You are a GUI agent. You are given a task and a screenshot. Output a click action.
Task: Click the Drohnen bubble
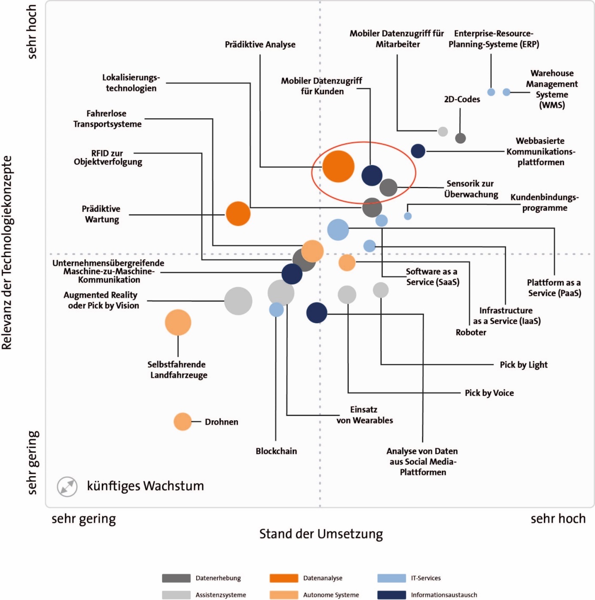coord(183,422)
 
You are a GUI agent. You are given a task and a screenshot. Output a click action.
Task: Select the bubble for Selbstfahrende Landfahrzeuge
coord(178,322)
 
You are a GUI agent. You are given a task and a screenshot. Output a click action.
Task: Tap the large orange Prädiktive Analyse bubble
coord(338,166)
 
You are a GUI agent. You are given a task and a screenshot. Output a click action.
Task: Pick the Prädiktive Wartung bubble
coord(238,214)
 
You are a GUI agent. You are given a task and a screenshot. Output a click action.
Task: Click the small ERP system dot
coord(491,92)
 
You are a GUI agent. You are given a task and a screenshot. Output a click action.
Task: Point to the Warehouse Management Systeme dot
coord(507,92)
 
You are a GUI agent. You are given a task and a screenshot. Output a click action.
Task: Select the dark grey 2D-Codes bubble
coord(461,138)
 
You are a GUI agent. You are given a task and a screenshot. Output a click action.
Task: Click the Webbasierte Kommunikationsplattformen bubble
coord(418,151)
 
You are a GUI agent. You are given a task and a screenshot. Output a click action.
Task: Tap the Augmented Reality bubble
coord(238,301)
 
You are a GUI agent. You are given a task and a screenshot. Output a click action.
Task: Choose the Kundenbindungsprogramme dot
coord(408,216)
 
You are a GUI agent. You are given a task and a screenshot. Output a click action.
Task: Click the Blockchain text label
coord(276,451)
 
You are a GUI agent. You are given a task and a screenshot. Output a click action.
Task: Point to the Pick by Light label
coord(524,364)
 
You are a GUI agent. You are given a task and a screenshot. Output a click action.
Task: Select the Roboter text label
coord(471,332)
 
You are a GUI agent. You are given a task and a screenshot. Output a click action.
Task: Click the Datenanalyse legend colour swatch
coord(284,578)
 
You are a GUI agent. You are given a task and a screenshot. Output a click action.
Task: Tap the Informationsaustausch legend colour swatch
coord(392,595)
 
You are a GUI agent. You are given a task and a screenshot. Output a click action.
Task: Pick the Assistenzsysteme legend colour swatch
coord(176,595)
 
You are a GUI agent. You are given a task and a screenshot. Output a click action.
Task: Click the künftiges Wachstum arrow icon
coord(67,487)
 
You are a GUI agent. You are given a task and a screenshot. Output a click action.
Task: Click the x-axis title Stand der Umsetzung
coord(321,534)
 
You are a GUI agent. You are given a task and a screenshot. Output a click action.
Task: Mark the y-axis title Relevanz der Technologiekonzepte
coord(7,253)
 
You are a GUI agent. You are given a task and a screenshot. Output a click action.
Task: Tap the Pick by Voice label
coord(489,393)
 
